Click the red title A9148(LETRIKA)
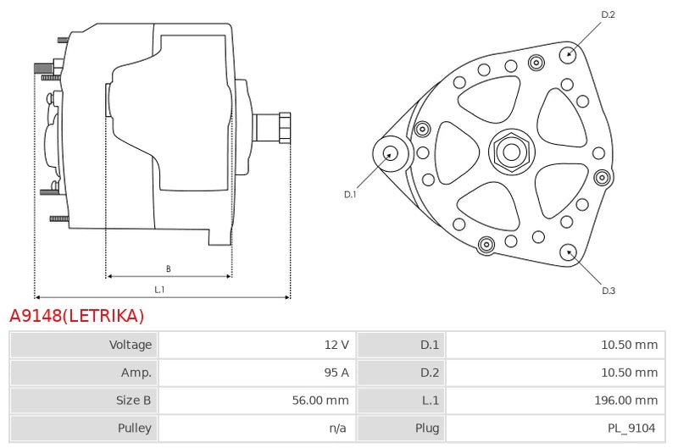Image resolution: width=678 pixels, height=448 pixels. [x=76, y=316]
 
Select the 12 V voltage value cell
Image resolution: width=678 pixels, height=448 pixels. [x=336, y=345]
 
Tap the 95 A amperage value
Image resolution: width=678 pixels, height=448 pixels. [x=336, y=373]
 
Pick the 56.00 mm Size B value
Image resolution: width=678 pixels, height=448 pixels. [x=320, y=400]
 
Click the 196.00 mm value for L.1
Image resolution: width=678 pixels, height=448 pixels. [x=626, y=400]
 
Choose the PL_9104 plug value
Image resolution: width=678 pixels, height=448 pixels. [x=631, y=428]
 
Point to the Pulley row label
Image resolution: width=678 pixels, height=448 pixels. [x=135, y=428]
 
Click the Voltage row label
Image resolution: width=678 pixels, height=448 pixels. [x=131, y=345]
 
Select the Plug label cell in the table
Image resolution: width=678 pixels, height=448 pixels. [x=427, y=428]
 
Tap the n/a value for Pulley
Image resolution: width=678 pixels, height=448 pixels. [x=337, y=428]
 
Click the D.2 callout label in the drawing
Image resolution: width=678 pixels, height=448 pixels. [x=608, y=14]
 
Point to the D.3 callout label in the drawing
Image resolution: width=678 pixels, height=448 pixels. [x=609, y=290]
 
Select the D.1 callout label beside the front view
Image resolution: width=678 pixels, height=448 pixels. [x=350, y=195]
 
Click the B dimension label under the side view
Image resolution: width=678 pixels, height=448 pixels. [x=168, y=268]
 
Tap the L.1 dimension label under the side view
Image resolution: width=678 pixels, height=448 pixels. [x=159, y=290]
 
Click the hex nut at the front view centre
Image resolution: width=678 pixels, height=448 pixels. [x=512, y=152]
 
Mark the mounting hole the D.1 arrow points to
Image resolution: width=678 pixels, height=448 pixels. [x=391, y=154]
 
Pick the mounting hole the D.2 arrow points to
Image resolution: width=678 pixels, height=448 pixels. [x=568, y=54]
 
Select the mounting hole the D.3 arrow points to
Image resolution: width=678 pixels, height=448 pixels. [x=568, y=252]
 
